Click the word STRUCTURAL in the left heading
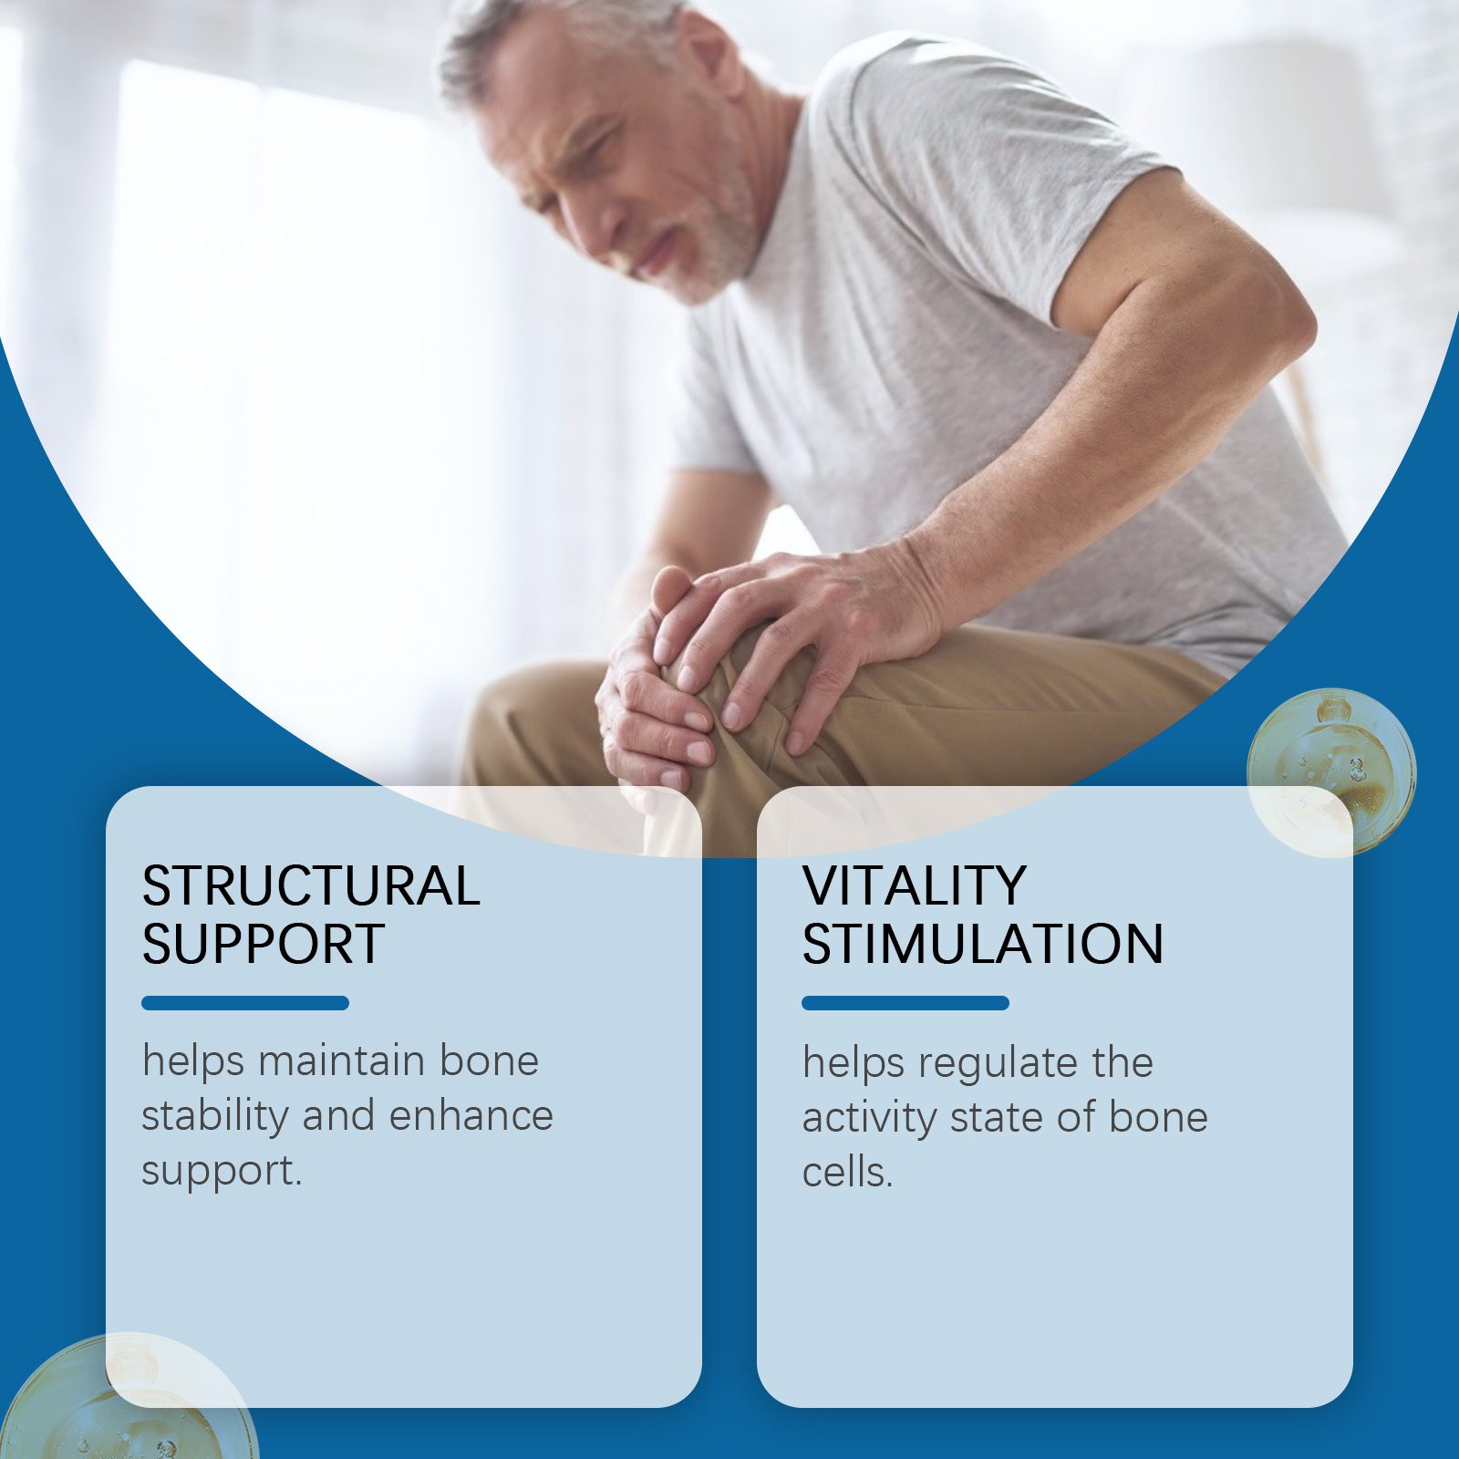311,885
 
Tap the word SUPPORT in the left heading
264,944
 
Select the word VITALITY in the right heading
915,885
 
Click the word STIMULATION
983,944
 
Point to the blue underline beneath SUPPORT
245,1003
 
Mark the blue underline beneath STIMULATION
905,1003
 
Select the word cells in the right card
844,1173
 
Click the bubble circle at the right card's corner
1331,773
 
